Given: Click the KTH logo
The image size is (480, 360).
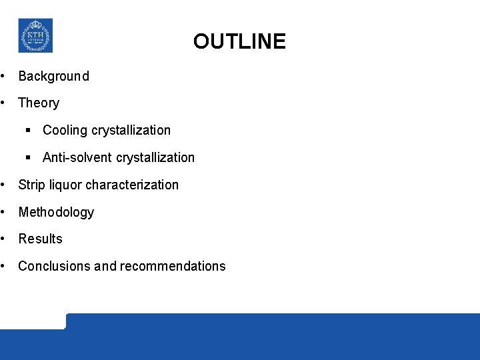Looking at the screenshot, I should point(35,35).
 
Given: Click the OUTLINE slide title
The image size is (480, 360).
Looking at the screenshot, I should point(239,42).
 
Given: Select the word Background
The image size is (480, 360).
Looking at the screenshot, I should point(53,76).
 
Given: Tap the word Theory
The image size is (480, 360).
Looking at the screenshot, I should point(39,103).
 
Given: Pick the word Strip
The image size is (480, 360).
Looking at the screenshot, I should point(31,185).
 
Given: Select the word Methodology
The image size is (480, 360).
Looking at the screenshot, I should point(56,212).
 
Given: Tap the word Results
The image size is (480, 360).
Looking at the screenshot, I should point(40,239).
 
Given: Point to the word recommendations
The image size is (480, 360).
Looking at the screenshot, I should point(173,266).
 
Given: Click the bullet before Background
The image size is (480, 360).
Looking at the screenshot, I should point(4,76).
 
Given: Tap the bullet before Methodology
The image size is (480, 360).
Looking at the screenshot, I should point(4,212).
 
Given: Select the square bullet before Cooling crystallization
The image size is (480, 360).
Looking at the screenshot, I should point(29,130).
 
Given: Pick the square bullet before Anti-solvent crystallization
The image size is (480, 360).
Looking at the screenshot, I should point(29,157).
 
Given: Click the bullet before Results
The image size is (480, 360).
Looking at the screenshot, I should point(4,239).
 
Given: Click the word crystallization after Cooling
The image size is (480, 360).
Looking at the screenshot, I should point(131,130).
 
